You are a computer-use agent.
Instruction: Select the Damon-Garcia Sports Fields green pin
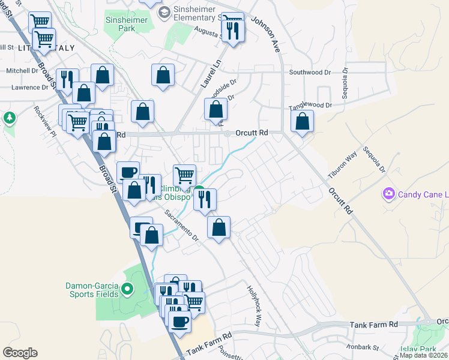(127, 290)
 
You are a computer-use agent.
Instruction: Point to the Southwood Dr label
(310, 73)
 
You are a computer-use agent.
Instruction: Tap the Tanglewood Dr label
(310, 105)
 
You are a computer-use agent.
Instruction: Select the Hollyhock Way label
(255, 305)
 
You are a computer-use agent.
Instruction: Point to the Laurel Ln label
(210, 74)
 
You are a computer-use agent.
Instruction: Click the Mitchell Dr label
(22, 71)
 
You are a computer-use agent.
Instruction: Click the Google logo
(20, 352)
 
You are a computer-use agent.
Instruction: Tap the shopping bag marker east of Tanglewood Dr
(303, 121)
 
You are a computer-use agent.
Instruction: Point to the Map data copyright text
(423, 355)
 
